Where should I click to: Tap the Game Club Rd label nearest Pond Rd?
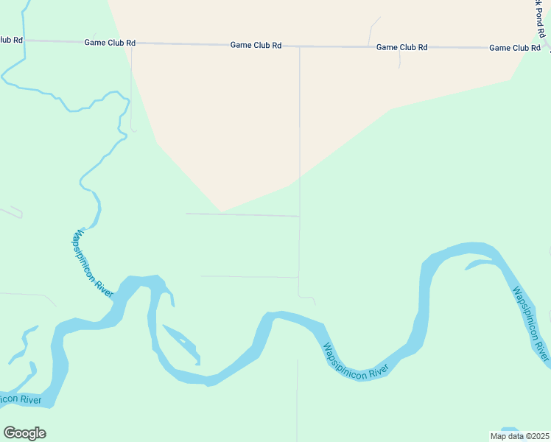(x=515, y=48)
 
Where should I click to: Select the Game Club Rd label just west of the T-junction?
(x=256, y=45)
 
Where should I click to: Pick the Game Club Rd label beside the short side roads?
(x=401, y=47)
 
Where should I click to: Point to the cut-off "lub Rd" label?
(x=11, y=40)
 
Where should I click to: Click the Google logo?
(x=24, y=433)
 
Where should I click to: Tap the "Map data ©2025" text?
(x=519, y=436)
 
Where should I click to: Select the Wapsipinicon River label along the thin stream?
(x=91, y=263)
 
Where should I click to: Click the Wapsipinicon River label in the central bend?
(x=356, y=360)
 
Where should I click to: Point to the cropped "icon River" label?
(x=21, y=399)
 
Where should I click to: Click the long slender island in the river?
(x=181, y=343)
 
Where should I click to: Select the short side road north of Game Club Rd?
(x=373, y=30)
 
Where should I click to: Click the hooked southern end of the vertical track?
(x=309, y=298)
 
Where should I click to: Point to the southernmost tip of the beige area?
(x=222, y=211)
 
